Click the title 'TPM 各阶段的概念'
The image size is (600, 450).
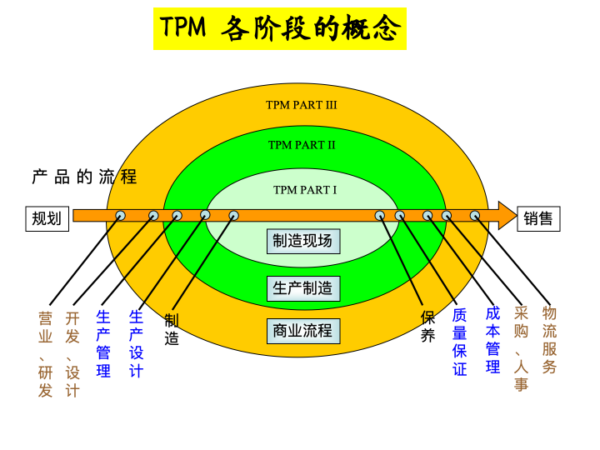tap(280, 29)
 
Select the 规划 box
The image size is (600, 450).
tap(47, 219)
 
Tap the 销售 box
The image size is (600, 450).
tap(538, 219)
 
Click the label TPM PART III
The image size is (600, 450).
tap(302, 105)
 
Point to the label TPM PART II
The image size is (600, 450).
tap(302, 145)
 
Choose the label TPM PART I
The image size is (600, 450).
tap(305, 190)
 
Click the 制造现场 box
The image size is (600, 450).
tap(302, 242)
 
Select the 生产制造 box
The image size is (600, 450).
tap(302, 288)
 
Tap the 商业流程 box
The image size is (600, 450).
tap(302, 331)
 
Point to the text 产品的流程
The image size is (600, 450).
tap(84, 177)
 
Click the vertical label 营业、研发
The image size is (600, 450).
tap(46, 354)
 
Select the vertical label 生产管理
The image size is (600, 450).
tap(103, 343)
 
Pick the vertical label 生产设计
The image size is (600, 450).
tap(137, 343)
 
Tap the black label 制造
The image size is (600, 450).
tap(172, 330)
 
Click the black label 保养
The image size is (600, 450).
tap(427, 327)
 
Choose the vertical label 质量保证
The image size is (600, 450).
tap(460, 342)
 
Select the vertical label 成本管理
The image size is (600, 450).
tap(493, 340)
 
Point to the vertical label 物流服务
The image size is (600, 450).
tap(549, 340)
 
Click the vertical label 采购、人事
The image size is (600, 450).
tap(522, 348)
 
